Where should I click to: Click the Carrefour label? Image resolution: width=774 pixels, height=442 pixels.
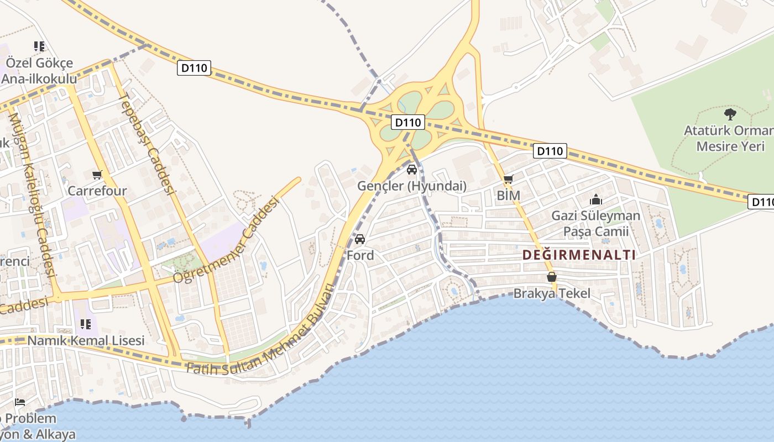[x=97, y=191]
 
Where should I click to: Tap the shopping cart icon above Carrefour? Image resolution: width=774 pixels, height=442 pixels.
[x=97, y=175]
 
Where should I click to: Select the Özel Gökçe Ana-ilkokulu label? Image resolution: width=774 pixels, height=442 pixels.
[x=39, y=71]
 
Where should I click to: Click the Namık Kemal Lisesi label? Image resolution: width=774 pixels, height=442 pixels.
[x=86, y=340]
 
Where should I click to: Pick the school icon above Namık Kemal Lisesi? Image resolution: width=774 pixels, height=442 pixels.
[x=85, y=324]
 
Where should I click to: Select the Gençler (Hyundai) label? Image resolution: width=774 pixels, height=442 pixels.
[x=412, y=186]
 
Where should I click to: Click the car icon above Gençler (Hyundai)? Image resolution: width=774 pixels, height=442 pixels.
[x=412, y=170]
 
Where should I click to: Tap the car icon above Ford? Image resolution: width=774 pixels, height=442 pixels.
[x=360, y=239]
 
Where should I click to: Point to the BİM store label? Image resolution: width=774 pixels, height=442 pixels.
[x=508, y=196]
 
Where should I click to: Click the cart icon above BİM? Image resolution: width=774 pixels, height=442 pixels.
[x=509, y=179]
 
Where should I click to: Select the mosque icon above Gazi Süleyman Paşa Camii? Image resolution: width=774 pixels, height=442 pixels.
[x=596, y=199]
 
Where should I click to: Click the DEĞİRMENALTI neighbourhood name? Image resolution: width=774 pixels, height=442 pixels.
[x=579, y=255]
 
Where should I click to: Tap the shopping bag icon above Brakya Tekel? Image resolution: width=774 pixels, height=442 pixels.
[x=551, y=277]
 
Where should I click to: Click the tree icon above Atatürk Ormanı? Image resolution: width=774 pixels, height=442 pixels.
[x=730, y=114]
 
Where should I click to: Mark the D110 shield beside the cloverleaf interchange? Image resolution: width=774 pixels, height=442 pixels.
[x=408, y=122]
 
